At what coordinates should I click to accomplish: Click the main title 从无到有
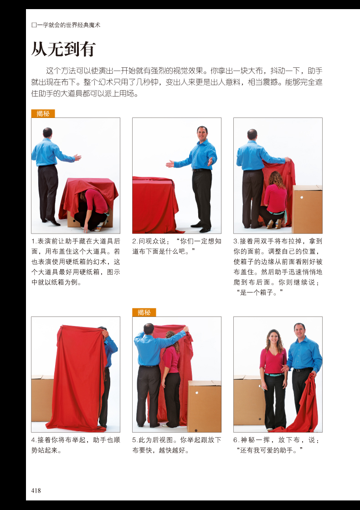[63, 49]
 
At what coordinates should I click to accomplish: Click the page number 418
[36, 490]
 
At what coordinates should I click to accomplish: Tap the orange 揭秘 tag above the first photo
[43, 113]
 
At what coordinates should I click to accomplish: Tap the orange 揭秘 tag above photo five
[144, 312]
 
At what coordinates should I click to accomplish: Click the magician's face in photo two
[202, 134]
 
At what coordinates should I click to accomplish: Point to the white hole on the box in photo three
[302, 198]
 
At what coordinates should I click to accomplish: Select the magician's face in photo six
[299, 331]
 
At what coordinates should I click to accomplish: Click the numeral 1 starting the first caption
[33, 241]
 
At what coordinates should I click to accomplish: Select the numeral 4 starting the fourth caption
[33, 440]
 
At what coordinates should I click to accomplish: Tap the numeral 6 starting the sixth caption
[235, 440]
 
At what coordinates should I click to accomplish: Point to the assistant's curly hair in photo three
[276, 179]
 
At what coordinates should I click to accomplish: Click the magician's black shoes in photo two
[201, 227]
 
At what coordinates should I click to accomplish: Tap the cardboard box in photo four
[42, 398]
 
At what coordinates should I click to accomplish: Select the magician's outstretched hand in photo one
[77, 158]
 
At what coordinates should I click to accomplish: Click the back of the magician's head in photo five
[149, 329]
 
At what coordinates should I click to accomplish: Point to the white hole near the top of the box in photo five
[196, 393]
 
